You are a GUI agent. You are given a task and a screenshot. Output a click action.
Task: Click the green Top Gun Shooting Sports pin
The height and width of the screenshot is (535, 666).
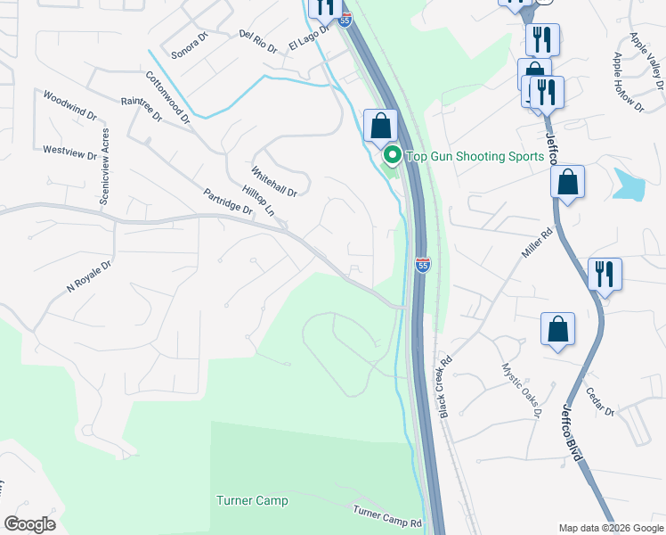click(391, 156)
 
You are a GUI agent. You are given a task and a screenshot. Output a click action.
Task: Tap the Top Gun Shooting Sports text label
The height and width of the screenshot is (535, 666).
click(475, 157)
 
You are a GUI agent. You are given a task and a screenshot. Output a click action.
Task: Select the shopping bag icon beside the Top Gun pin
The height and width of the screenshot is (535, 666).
click(380, 126)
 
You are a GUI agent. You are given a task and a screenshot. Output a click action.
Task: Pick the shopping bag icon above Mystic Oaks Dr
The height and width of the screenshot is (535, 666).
click(557, 328)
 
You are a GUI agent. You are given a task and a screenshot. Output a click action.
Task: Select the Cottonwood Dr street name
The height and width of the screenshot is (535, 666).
click(167, 97)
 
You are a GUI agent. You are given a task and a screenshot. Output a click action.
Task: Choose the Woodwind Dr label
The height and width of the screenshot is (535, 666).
click(69, 105)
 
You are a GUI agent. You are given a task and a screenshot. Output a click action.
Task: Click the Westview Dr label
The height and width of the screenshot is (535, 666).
click(69, 153)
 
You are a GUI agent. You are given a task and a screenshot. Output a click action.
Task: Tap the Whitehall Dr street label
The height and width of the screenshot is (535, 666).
click(273, 181)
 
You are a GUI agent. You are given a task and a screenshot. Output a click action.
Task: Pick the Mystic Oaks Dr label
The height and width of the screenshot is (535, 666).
click(521, 390)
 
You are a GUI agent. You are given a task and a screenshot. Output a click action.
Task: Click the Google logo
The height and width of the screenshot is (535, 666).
click(29, 524)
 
